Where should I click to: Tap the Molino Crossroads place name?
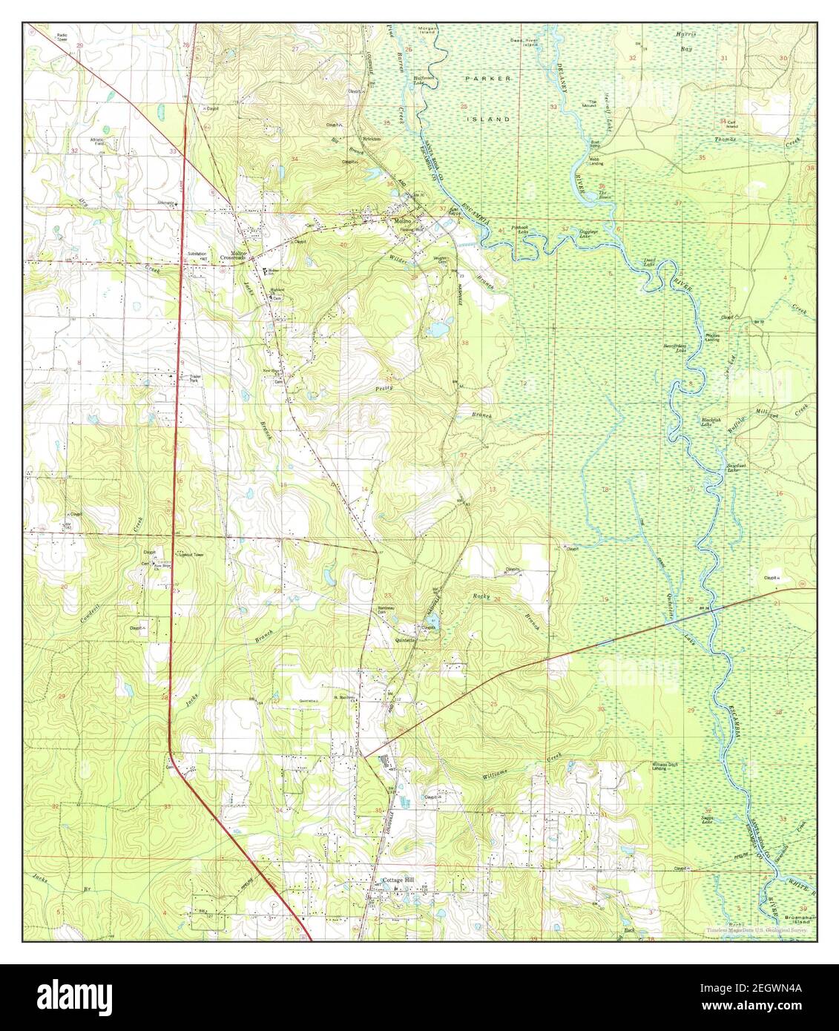click(234, 256)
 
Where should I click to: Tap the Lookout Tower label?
click(188, 554)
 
